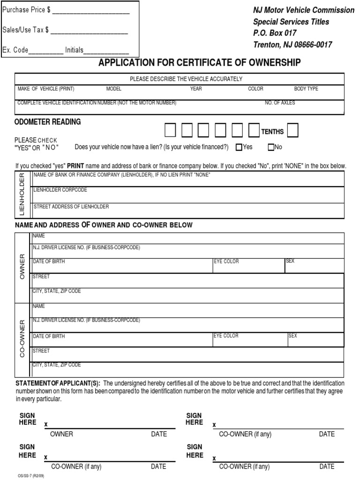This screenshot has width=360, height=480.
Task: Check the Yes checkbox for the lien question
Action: point(239,147)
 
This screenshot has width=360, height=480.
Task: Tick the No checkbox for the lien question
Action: point(271,147)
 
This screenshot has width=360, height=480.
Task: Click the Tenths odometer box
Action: point(292,130)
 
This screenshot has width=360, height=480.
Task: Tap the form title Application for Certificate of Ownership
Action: point(199,63)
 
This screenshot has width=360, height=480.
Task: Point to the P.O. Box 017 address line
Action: point(275,33)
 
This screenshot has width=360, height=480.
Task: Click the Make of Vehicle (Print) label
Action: point(46,89)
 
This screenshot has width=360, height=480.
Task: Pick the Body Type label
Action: point(306,89)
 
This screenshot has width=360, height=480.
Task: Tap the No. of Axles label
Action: point(280,103)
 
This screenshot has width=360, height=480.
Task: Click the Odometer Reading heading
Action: point(48,122)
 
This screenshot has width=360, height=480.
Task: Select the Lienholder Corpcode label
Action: point(60,190)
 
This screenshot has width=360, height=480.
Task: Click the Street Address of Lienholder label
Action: point(71,207)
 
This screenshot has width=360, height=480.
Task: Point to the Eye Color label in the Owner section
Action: point(226,262)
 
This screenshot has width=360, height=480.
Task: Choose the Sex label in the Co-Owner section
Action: point(292,336)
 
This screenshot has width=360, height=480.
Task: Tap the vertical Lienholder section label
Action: point(22,194)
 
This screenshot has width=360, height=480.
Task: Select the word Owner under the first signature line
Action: point(61,434)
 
